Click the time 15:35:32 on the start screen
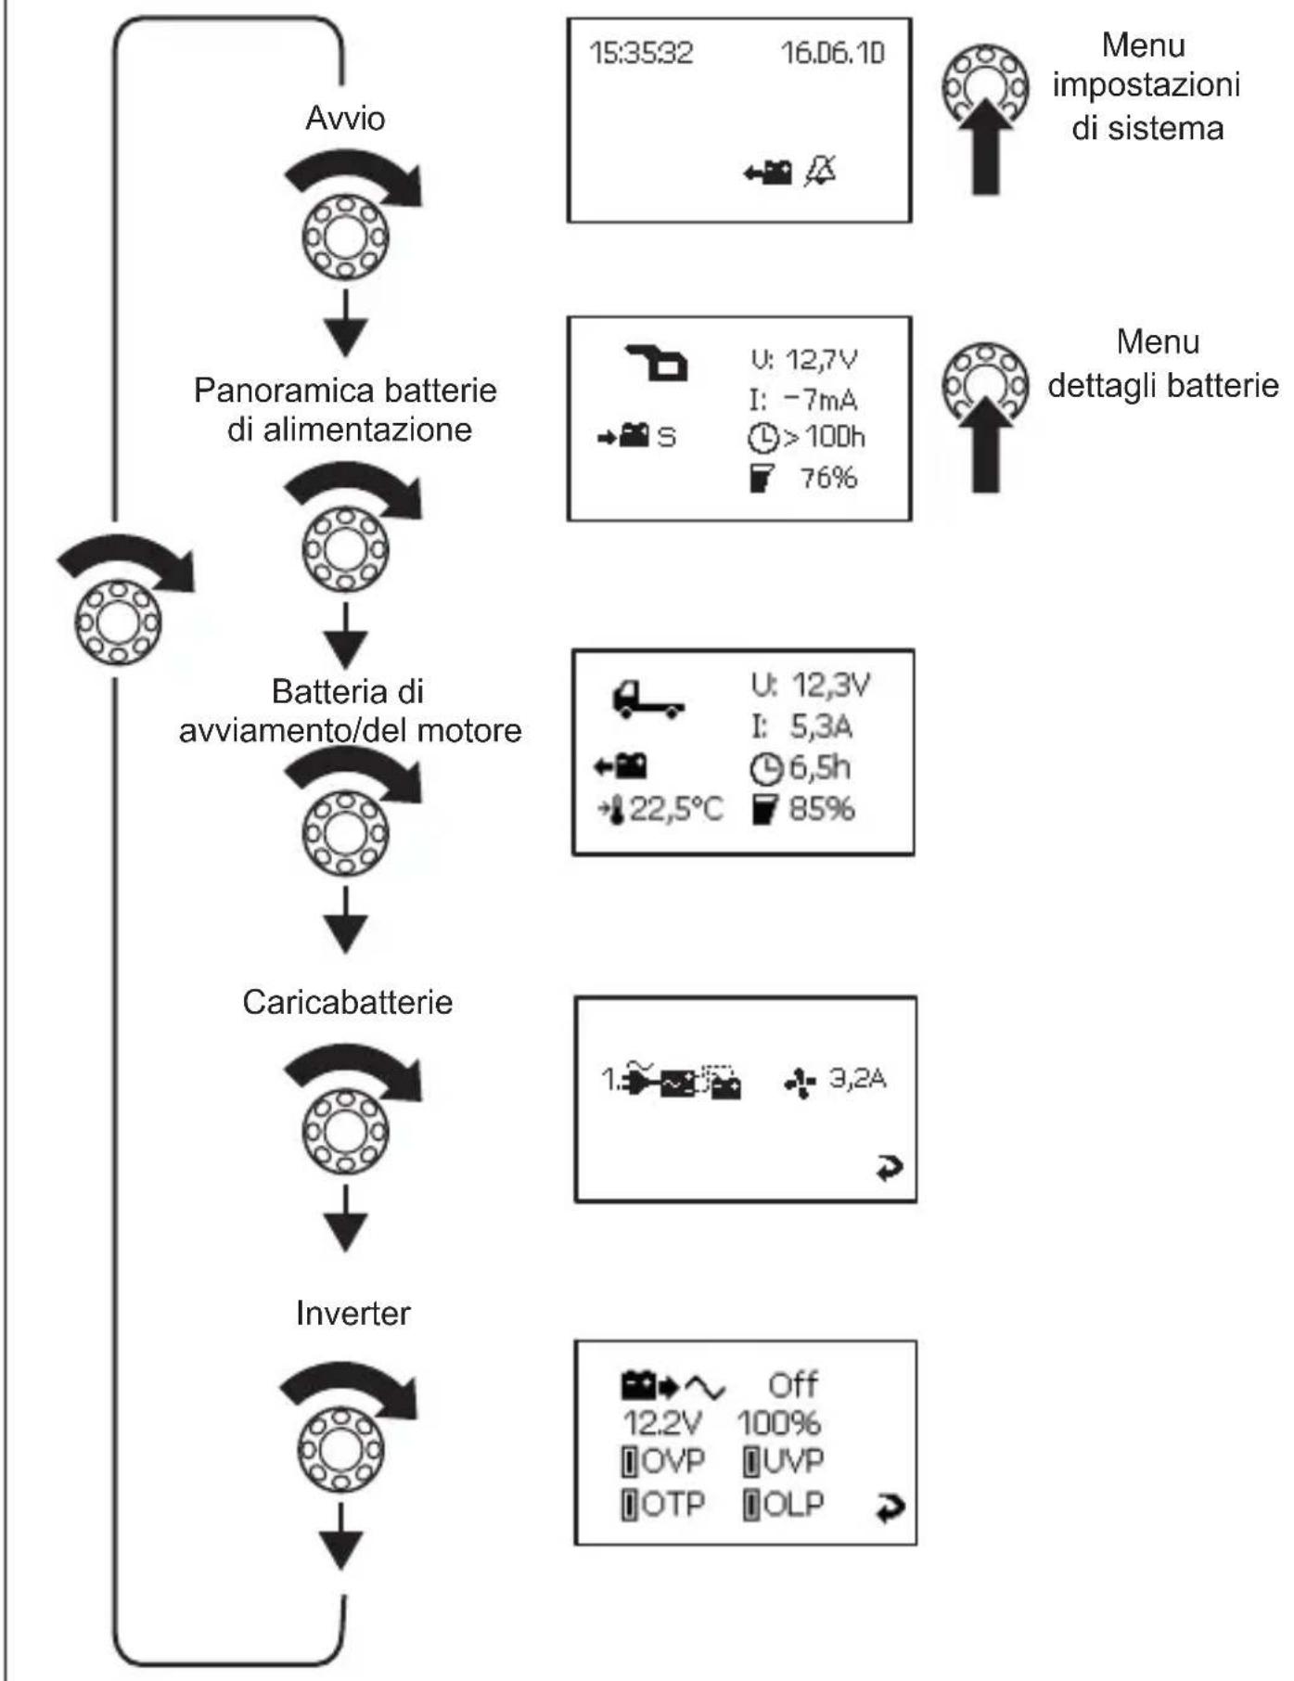641,53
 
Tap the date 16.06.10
832,53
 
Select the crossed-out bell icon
819,171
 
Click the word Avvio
345,119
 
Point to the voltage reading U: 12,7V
803,360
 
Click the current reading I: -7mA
803,400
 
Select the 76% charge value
828,478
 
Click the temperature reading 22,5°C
675,809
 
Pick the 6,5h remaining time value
819,768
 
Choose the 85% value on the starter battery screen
821,809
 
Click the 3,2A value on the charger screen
857,1078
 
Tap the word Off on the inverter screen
792,1385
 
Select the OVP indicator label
673,1461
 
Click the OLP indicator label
793,1504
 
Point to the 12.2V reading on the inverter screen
662,1422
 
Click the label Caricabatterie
348,1002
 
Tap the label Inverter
352,1313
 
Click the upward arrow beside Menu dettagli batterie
985,445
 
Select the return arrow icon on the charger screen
889,1168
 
